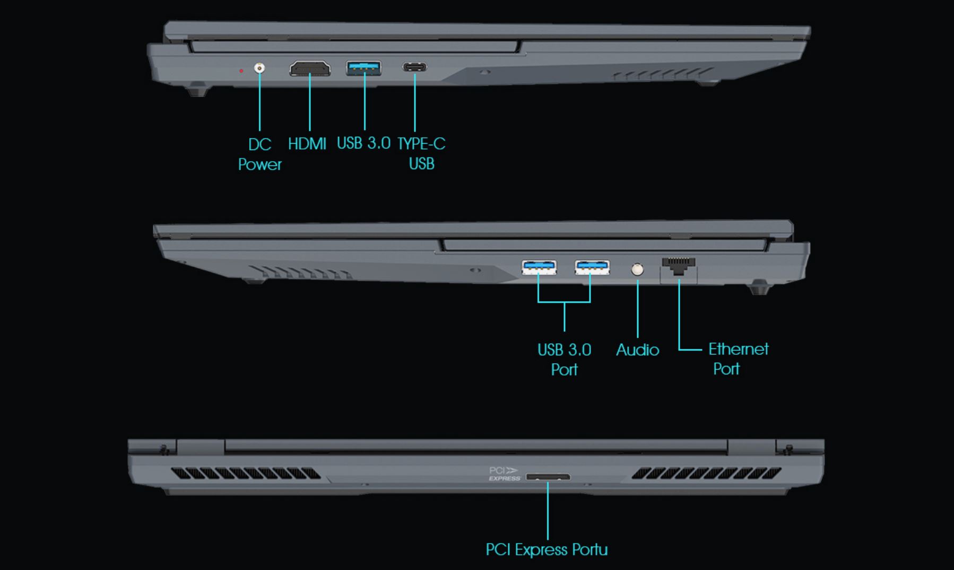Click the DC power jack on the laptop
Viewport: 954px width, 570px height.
[259, 68]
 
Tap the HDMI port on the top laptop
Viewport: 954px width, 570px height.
[310, 68]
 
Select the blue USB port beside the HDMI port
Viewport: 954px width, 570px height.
[364, 68]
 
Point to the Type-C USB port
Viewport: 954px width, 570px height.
[414, 67]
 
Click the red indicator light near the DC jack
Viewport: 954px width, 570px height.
[241, 71]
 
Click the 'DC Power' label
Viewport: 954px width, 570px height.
[259, 154]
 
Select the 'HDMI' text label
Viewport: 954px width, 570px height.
[307, 144]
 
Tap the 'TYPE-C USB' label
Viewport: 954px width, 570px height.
[421, 154]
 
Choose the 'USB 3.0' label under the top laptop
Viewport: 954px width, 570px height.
[363, 143]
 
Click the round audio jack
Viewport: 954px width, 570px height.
[638, 269]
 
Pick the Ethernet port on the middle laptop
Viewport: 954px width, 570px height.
[679, 265]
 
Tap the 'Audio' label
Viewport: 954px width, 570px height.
[637, 350]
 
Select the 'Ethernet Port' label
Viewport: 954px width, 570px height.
[738, 358]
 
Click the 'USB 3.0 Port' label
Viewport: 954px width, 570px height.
[564, 359]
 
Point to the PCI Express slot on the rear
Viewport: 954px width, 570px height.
[548, 477]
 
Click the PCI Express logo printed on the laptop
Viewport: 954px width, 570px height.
[504, 473]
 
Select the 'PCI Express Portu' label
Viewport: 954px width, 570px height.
[547, 550]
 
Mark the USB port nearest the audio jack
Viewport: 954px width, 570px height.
[592, 267]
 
